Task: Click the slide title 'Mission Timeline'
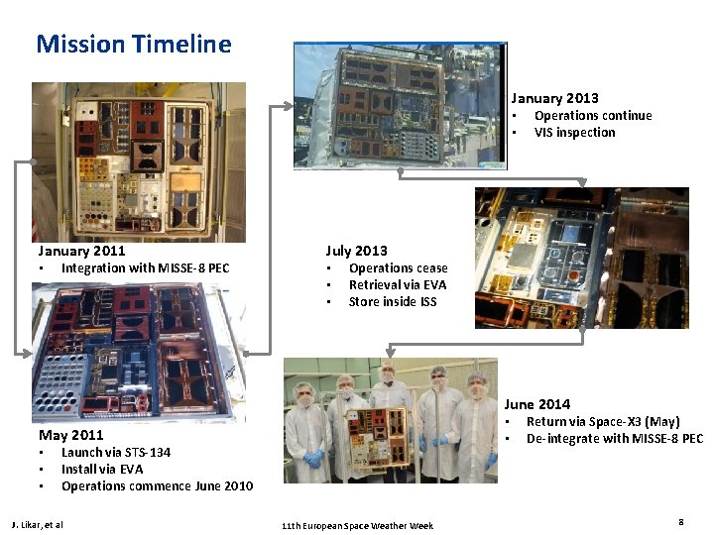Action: (134, 45)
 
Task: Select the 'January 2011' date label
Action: (81, 251)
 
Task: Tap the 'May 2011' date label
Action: (70, 435)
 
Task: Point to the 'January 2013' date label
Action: (554, 98)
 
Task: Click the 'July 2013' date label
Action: (356, 251)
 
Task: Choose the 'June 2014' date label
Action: (536, 404)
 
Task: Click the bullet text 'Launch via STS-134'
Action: (116, 452)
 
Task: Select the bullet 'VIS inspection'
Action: (574, 132)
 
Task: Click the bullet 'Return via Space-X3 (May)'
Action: (603, 421)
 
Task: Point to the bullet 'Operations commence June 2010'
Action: (157, 485)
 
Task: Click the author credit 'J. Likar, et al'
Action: (37, 524)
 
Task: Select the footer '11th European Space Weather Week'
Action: (356, 524)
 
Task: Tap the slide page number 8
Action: (681, 521)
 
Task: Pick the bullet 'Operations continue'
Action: (593, 115)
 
